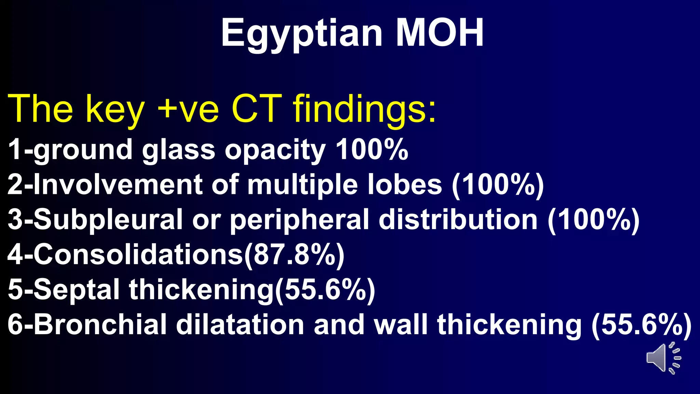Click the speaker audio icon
click(x=663, y=358)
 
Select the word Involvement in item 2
click(x=118, y=185)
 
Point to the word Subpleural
click(x=108, y=220)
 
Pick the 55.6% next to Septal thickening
click(x=325, y=290)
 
